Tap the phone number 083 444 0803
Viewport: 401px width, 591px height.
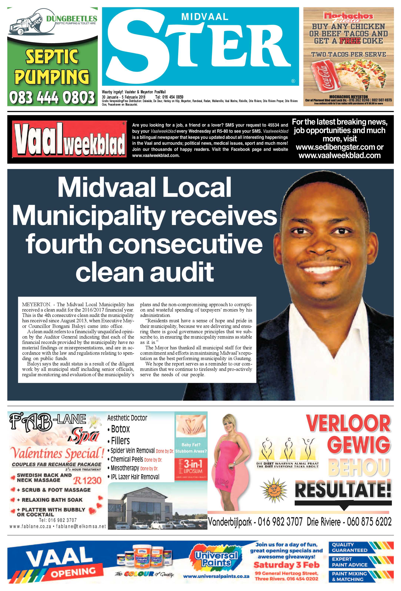pos(52,97)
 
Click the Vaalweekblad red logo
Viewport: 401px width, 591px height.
pos(69,139)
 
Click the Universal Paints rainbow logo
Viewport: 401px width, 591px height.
pos(216,559)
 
